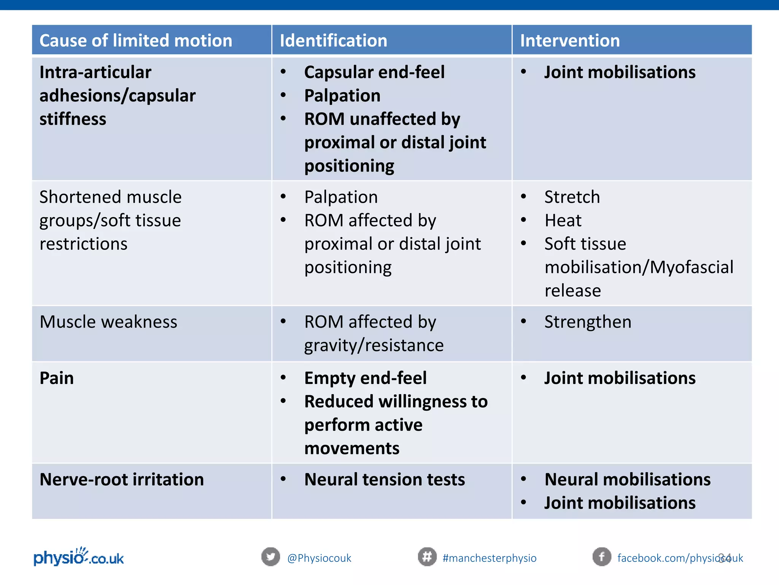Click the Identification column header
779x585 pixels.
pos(333,40)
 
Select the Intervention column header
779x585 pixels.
pos(569,40)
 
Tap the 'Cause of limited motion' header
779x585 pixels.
pos(136,40)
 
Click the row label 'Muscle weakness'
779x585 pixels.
pos(108,322)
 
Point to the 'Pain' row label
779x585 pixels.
pos(57,378)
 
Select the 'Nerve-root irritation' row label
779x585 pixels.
pos(122,480)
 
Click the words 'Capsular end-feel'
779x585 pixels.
pos(374,72)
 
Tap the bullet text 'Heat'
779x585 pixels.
pos(563,221)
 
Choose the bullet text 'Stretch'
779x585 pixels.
pos(572,197)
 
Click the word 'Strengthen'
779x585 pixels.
pos(588,322)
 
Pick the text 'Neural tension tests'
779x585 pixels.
pos(385,480)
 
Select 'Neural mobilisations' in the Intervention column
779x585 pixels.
pos(627,480)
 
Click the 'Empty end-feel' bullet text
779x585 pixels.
pos(365,378)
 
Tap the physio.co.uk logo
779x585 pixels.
pos(79,557)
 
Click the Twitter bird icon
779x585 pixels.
pos(270,557)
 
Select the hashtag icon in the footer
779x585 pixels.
pos(427,557)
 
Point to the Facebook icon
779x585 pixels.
pos(602,557)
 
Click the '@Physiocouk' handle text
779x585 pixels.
pos(319,558)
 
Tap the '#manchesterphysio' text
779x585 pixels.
pos(490,558)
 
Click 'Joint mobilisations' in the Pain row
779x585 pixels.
pos(620,378)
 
